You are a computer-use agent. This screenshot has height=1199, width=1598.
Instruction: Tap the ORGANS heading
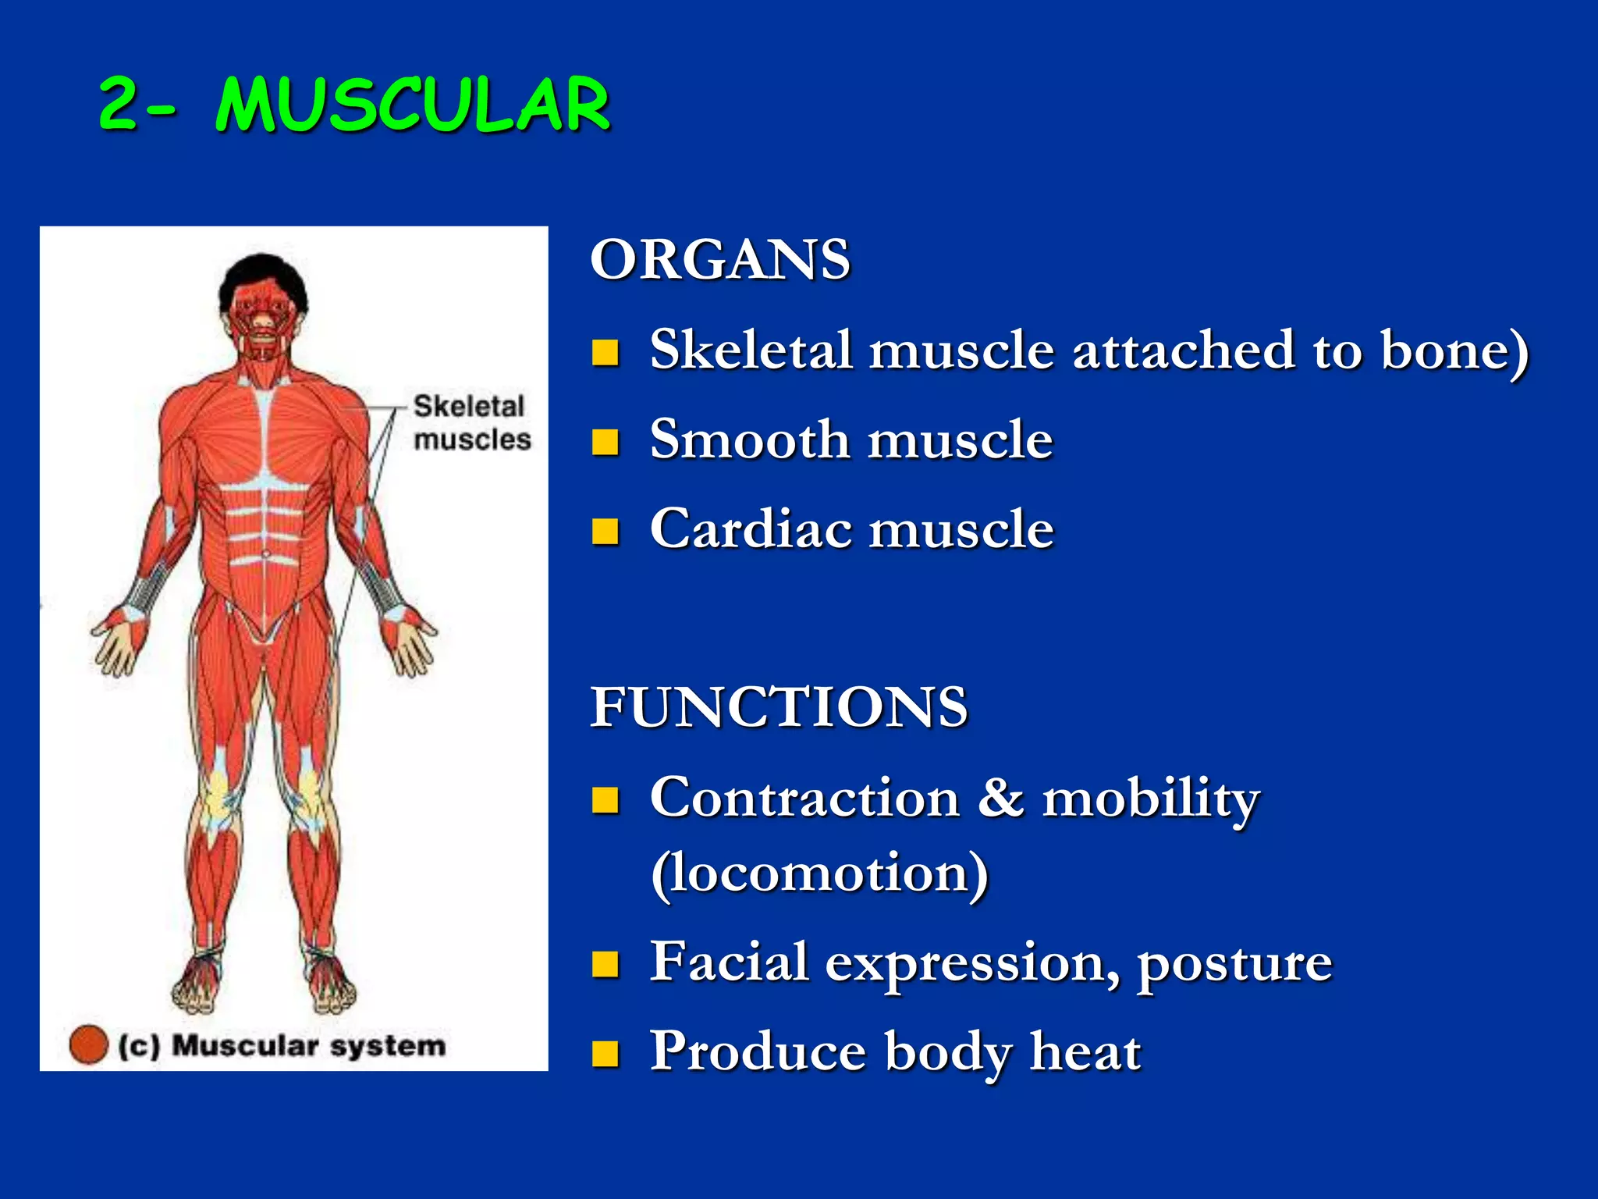pyautogui.click(x=719, y=260)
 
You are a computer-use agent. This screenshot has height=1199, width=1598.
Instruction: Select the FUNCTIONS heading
pyautogui.click(x=779, y=707)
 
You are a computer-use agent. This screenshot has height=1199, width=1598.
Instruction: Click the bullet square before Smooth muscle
pyautogui.click(x=605, y=442)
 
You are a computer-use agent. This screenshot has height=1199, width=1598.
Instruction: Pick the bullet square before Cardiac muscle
pyautogui.click(x=605, y=531)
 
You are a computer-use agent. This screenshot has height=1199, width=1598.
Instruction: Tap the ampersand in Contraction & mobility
pyautogui.click(x=1001, y=798)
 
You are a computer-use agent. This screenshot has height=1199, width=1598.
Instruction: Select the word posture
pyautogui.click(x=1234, y=963)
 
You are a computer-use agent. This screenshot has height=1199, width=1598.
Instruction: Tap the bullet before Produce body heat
pyautogui.click(x=605, y=1054)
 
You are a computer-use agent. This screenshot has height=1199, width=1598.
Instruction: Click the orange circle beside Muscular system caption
pyautogui.click(x=88, y=1044)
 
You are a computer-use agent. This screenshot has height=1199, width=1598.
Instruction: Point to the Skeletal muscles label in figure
pyautogui.click(x=471, y=422)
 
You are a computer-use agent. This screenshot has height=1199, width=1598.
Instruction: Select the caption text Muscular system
pyautogui.click(x=308, y=1045)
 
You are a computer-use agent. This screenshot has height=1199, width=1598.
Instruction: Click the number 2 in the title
pyautogui.click(x=119, y=105)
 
